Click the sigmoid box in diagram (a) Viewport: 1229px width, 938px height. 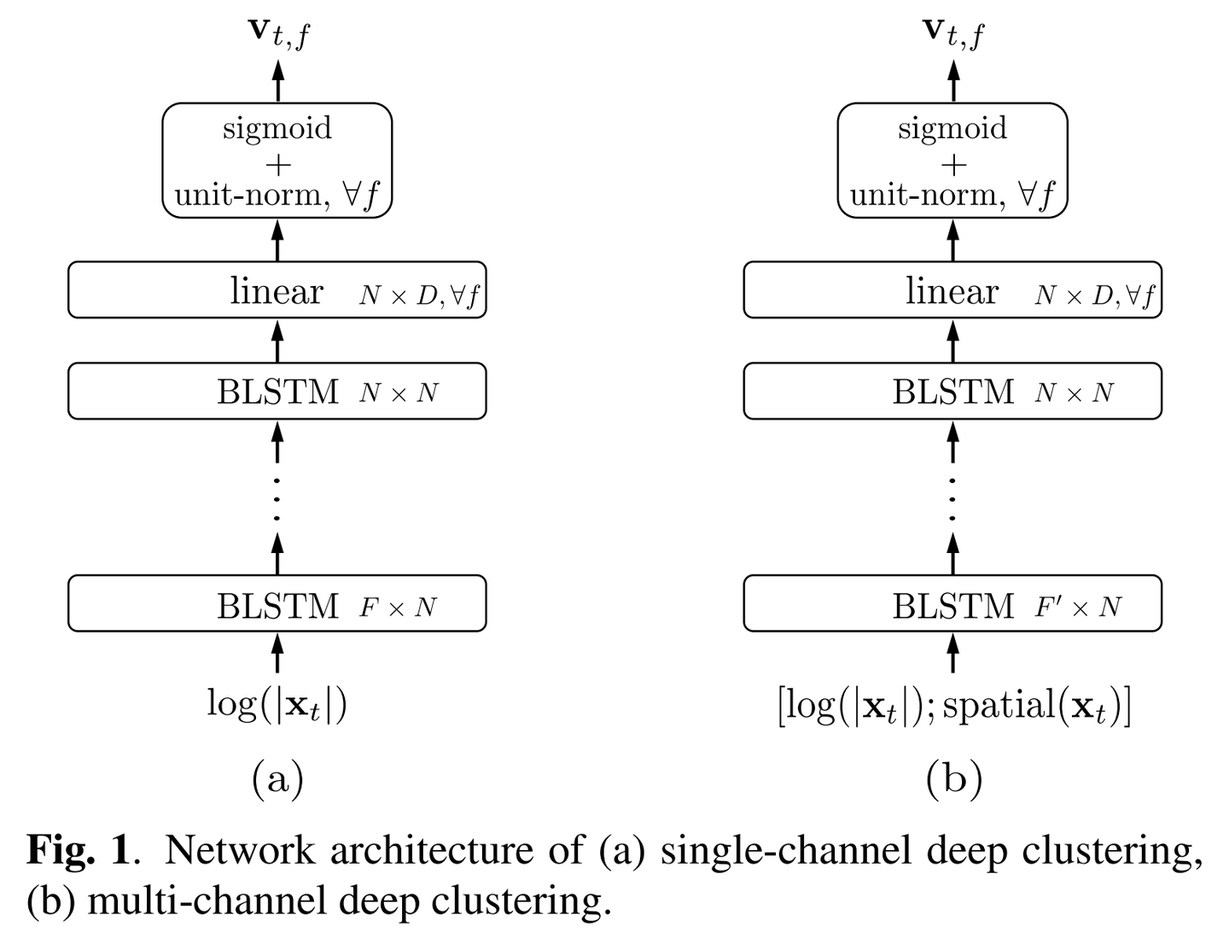[277, 160]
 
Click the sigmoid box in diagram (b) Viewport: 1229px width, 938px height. [952, 160]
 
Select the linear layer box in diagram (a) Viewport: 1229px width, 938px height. [277, 290]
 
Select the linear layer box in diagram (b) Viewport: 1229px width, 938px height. [952, 290]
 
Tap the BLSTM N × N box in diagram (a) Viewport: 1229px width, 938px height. [277, 391]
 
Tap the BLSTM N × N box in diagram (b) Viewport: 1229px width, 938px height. [952, 391]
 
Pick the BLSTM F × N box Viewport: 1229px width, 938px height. [277, 604]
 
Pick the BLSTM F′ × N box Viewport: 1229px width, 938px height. [952, 604]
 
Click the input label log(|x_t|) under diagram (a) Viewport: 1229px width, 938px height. [277, 706]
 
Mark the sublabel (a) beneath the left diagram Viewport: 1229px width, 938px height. [277, 778]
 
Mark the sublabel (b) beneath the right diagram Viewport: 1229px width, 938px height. [953, 778]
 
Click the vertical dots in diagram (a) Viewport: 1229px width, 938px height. [277, 499]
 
